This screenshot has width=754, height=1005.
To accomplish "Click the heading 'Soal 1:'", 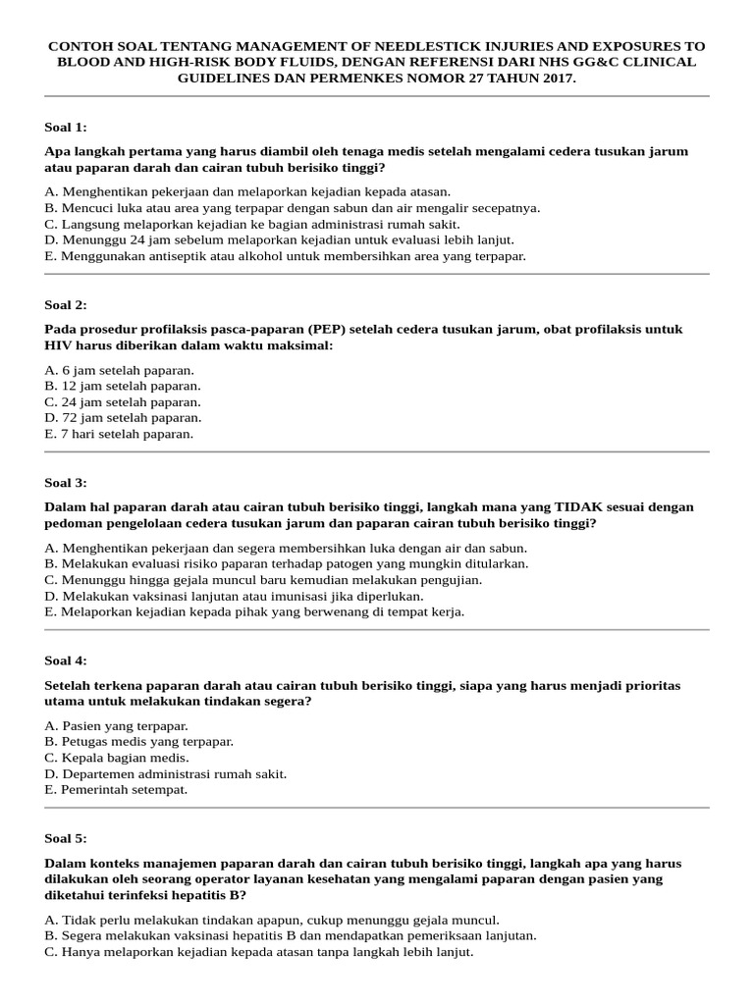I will click(x=66, y=127).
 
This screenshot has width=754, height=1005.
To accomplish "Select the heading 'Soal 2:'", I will click(x=66, y=304).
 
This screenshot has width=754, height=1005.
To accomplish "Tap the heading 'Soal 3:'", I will click(x=66, y=482).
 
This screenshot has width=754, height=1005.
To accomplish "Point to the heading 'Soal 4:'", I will click(x=66, y=661).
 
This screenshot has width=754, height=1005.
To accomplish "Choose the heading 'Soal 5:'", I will click(x=66, y=838).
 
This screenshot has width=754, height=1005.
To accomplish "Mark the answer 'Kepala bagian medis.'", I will click(x=117, y=758).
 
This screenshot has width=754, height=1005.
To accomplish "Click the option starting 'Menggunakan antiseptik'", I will click(x=286, y=255).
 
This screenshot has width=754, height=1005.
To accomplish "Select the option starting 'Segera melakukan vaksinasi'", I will click(x=291, y=935).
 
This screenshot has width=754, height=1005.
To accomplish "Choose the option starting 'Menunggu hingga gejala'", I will click(x=264, y=579).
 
